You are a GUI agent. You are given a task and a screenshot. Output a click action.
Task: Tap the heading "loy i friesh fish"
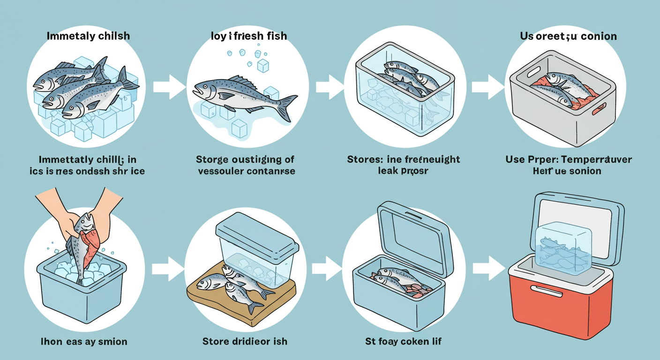pyautogui.click(x=248, y=36)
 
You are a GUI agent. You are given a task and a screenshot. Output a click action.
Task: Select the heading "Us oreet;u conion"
pyautogui.click(x=569, y=36)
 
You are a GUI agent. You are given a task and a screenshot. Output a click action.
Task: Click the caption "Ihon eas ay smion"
pyautogui.click(x=84, y=341)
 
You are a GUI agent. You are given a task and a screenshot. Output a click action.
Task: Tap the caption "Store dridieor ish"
pyautogui.click(x=245, y=341)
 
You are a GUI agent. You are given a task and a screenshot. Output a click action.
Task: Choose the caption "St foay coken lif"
pyautogui.click(x=403, y=341)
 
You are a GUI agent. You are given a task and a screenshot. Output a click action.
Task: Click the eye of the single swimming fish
pyautogui.click(x=202, y=86)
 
